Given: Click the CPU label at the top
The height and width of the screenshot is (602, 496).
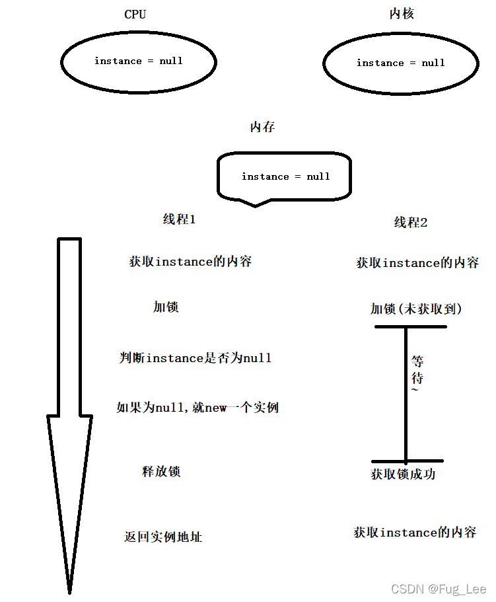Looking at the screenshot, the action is click(x=135, y=15).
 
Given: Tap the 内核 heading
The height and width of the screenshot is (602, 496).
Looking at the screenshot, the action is click(x=402, y=14).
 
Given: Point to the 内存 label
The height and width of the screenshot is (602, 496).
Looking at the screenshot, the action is click(x=262, y=128).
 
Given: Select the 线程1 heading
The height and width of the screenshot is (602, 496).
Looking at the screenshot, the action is click(x=179, y=220).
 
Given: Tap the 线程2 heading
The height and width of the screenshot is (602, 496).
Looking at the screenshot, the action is click(x=411, y=223).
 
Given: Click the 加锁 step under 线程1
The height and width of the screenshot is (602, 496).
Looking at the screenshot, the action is click(x=166, y=307).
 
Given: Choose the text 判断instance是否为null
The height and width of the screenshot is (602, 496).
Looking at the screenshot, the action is click(x=195, y=358).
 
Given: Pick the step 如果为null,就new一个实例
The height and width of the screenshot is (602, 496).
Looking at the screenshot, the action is click(x=197, y=408).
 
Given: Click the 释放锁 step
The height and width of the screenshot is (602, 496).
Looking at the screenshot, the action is click(x=161, y=472).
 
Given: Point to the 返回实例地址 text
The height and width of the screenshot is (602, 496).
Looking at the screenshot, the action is click(x=163, y=537).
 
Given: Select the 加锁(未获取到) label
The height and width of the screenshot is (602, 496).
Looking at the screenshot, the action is click(x=416, y=309).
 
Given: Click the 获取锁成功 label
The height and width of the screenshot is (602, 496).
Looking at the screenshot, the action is click(x=404, y=474).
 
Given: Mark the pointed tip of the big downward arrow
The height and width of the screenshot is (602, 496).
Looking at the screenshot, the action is click(x=69, y=590).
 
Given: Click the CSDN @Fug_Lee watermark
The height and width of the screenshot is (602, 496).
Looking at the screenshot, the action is click(x=439, y=589).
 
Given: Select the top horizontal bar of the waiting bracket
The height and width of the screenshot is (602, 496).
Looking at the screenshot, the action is click(x=410, y=326).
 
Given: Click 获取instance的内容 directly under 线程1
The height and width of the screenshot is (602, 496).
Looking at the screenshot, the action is click(x=190, y=262).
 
